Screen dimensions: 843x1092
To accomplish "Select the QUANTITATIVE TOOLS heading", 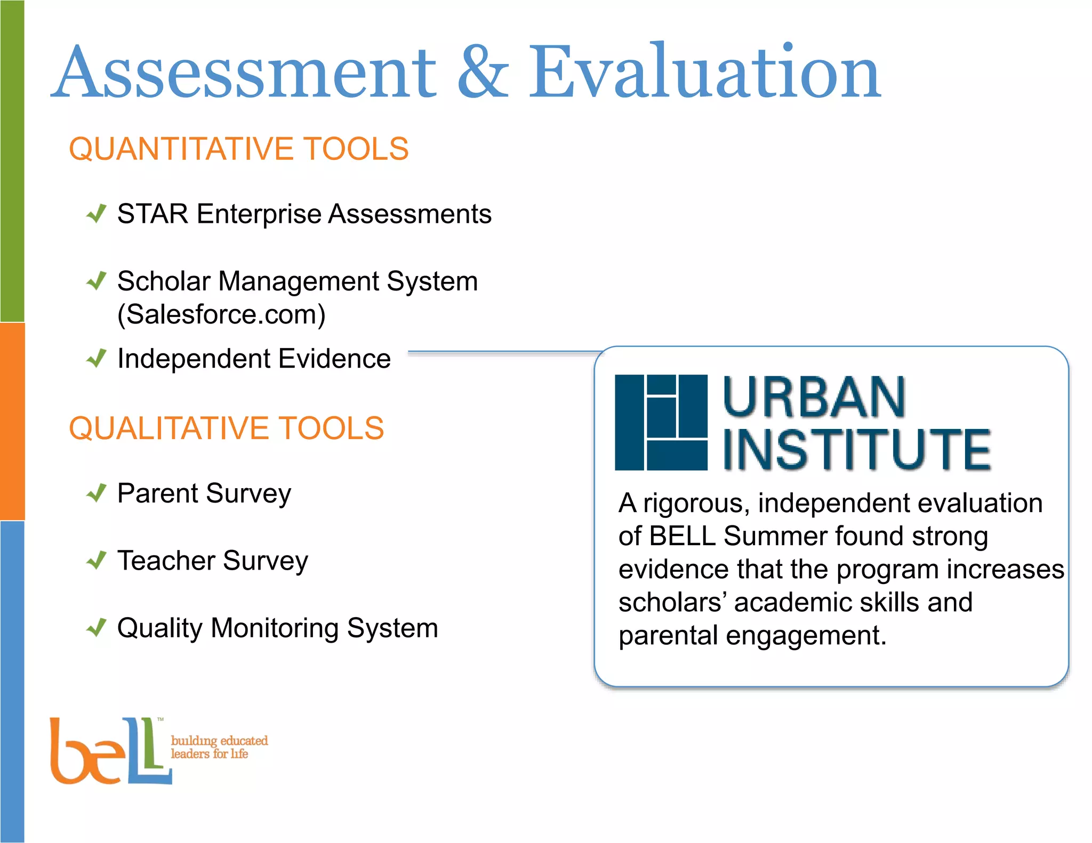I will coord(238,149).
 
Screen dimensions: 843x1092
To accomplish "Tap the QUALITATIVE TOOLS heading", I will coord(226,428).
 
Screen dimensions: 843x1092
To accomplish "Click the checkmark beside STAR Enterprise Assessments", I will coord(97,214).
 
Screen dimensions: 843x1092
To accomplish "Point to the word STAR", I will coord(152,214).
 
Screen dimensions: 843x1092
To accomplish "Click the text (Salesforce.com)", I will coord(221,314).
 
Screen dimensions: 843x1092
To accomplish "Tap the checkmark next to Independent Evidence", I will coord(97,359).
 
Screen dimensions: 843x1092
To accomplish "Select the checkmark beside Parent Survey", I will coord(97,493).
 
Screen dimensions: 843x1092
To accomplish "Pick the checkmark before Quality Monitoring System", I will coord(97,628).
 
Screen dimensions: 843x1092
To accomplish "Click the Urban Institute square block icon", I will coord(661,422).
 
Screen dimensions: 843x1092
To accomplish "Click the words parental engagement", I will coord(752,636).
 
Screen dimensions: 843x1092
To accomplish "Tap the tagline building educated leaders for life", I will coord(219,747).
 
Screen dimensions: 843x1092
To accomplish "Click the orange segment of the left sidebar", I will coord(12,421).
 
